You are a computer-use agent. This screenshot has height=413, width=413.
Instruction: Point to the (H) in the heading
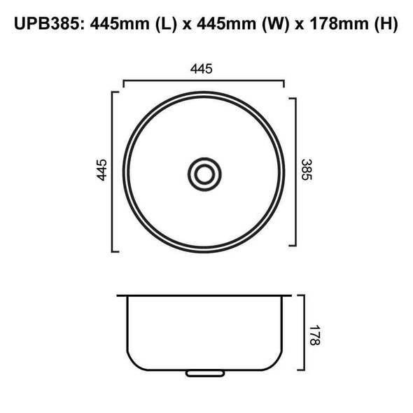pos(384,25)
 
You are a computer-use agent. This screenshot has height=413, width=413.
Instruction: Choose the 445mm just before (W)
pos(223,25)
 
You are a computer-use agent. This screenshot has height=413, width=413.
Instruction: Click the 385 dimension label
pos(306,170)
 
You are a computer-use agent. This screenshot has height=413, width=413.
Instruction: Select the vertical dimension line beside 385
pos(297,171)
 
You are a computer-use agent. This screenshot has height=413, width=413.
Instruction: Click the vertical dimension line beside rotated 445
pos(112,171)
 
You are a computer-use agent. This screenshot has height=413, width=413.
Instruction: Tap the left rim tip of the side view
pos(118,295)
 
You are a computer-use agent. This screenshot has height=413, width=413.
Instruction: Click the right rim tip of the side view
pos(290,295)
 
